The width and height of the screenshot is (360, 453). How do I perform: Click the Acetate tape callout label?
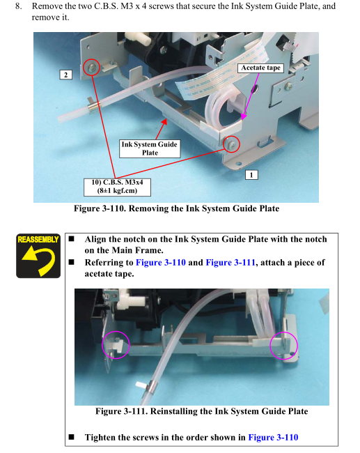(260, 68)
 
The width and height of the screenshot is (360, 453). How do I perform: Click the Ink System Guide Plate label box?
(150, 148)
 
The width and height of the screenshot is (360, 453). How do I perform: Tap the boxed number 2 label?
(66, 75)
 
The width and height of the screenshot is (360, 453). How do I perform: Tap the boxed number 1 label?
(251, 175)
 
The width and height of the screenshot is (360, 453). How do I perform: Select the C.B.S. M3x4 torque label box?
(117, 187)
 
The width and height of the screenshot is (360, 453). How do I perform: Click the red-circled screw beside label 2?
(91, 68)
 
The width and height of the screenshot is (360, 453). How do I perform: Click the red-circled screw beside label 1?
(232, 144)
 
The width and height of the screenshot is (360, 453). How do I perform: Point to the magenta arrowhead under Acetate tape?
(244, 116)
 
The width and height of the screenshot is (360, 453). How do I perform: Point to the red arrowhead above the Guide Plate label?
(164, 121)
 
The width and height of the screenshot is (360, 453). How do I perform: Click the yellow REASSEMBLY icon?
(38, 256)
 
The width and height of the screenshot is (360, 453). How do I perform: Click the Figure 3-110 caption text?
(176, 208)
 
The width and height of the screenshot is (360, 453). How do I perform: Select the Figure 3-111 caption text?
(201, 411)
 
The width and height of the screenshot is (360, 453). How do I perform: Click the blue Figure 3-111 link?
(230, 262)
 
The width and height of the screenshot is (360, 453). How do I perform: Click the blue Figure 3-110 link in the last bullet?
(273, 438)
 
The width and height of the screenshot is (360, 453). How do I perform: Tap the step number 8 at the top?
(19, 6)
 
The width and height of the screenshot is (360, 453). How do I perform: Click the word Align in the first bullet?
(95, 240)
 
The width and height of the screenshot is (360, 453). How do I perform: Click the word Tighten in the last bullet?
(100, 438)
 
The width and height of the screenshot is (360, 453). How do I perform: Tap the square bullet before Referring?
(71, 262)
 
